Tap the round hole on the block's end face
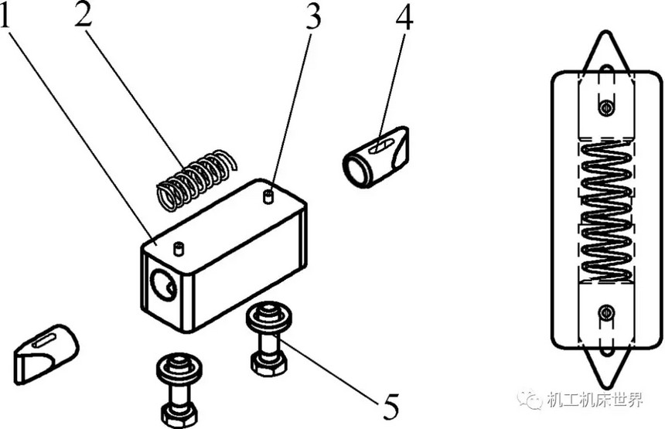163,285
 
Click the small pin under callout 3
268,197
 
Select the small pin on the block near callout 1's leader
179,248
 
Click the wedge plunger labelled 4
376,156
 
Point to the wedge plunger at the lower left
46,354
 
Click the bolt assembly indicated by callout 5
269,339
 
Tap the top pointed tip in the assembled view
606,32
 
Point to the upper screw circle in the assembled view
606,107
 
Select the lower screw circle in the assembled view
606,313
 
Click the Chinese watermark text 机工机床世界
595,400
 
